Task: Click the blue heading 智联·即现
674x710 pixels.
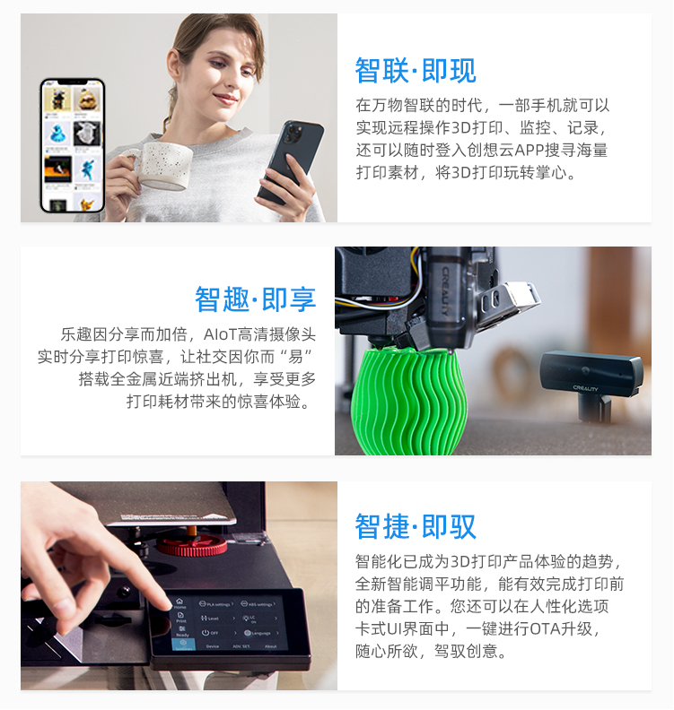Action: (x=416, y=71)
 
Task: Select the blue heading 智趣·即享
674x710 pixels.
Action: (x=255, y=299)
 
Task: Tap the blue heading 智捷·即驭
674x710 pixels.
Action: (x=416, y=526)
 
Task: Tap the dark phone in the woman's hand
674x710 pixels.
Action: (x=291, y=160)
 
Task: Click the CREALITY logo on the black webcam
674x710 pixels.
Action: (x=585, y=388)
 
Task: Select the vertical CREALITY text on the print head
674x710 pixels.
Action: (x=445, y=290)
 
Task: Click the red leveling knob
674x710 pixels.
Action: (x=192, y=546)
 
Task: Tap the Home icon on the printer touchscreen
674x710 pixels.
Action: (x=179, y=603)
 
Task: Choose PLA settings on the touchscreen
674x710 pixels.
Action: (x=215, y=604)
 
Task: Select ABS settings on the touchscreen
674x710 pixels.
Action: (x=258, y=603)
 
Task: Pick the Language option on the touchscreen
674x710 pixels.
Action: (x=258, y=633)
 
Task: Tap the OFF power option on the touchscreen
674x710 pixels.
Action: (x=210, y=633)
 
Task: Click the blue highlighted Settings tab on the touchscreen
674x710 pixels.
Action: (x=184, y=645)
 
